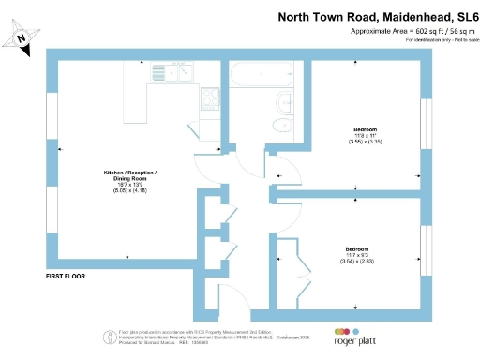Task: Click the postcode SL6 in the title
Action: (463, 17)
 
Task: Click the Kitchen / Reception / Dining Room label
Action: (129, 177)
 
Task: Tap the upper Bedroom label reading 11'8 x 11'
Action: (365, 134)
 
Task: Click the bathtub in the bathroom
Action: (268, 73)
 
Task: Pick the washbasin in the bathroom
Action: (281, 102)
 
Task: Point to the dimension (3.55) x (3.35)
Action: (365, 144)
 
